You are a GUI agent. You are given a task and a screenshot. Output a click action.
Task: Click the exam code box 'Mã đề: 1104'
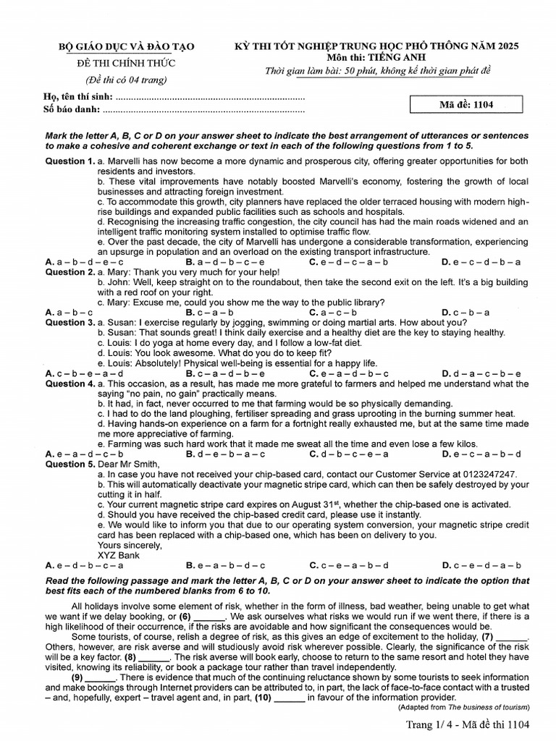[x=466, y=104]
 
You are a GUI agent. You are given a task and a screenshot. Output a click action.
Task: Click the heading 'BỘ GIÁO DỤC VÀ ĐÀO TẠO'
[x=127, y=47]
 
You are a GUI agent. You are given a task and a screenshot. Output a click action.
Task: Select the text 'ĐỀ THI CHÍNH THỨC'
[x=127, y=63]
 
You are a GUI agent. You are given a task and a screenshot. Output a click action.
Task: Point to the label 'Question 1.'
[x=70, y=161]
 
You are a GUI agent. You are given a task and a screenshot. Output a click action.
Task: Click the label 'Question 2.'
[x=70, y=272]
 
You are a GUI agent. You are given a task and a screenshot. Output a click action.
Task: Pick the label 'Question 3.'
[x=70, y=322]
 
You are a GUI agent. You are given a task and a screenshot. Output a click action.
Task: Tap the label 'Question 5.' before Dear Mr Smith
[x=70, y=464]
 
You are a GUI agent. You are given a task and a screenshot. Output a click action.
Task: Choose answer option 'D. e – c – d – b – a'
[x=481, y=262]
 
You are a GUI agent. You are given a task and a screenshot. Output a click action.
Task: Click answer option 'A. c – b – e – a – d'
[x=84, y=373]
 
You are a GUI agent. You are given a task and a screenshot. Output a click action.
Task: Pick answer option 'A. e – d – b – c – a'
[x=84, y=565]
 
